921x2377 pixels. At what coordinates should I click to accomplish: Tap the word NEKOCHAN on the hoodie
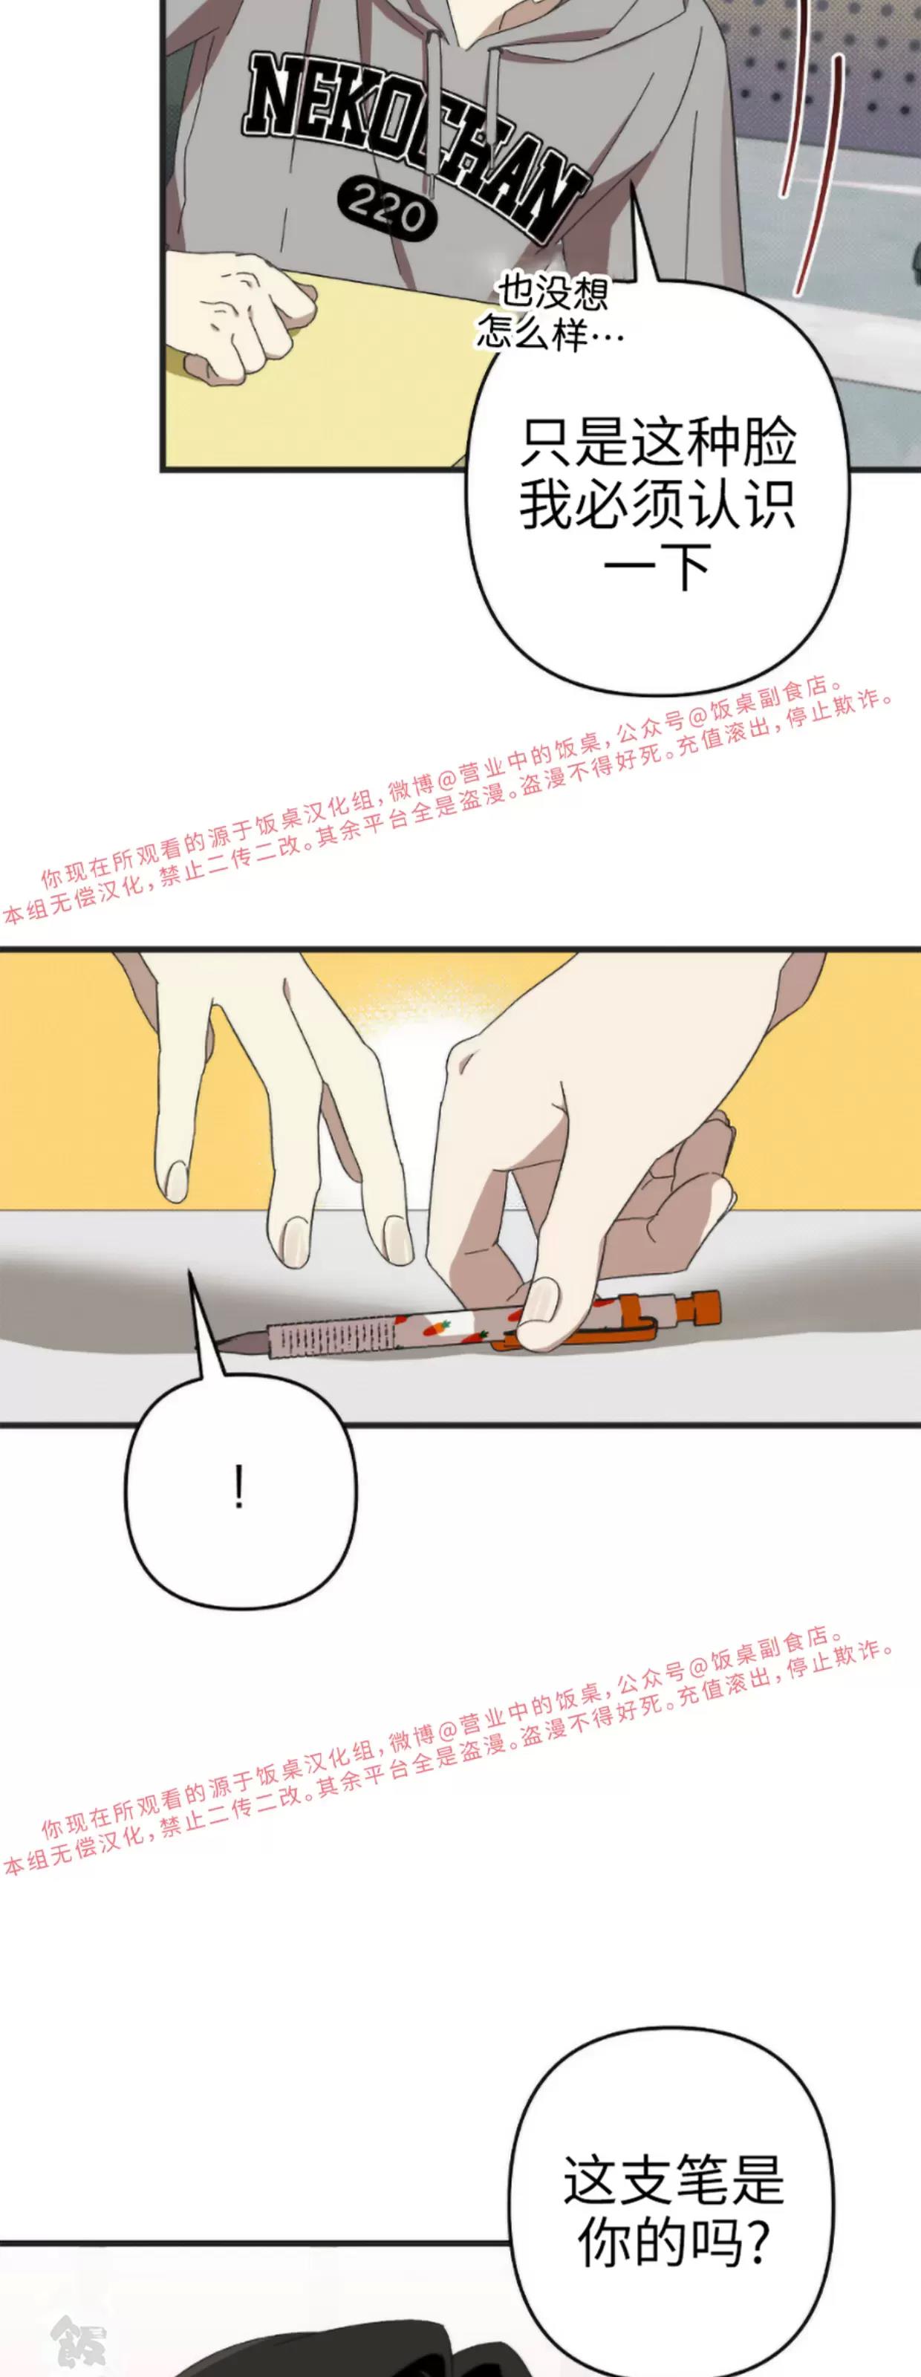[x=414, y=143]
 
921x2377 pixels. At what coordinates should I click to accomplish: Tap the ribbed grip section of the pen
[x=319, y=1333]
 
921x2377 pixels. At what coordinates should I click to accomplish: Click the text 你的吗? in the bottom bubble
[x=674, y=2244]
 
